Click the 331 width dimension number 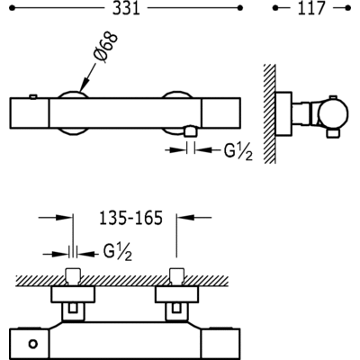pos(126,8)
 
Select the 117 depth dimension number pos(311,8)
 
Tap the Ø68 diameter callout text pos(105,48)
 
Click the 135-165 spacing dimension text pos(130,218)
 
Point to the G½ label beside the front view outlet pos(238,151)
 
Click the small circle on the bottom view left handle pos(32,344)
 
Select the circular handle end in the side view pos(333,113)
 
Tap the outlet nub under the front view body pos(191,131)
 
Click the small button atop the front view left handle pos(33,96)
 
